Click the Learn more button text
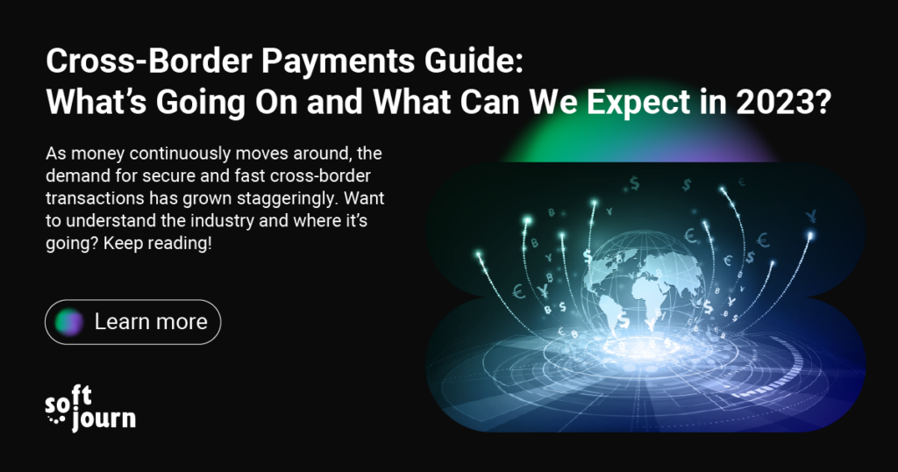(x=151, y=322)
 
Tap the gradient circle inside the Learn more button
(x=69, y=322)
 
